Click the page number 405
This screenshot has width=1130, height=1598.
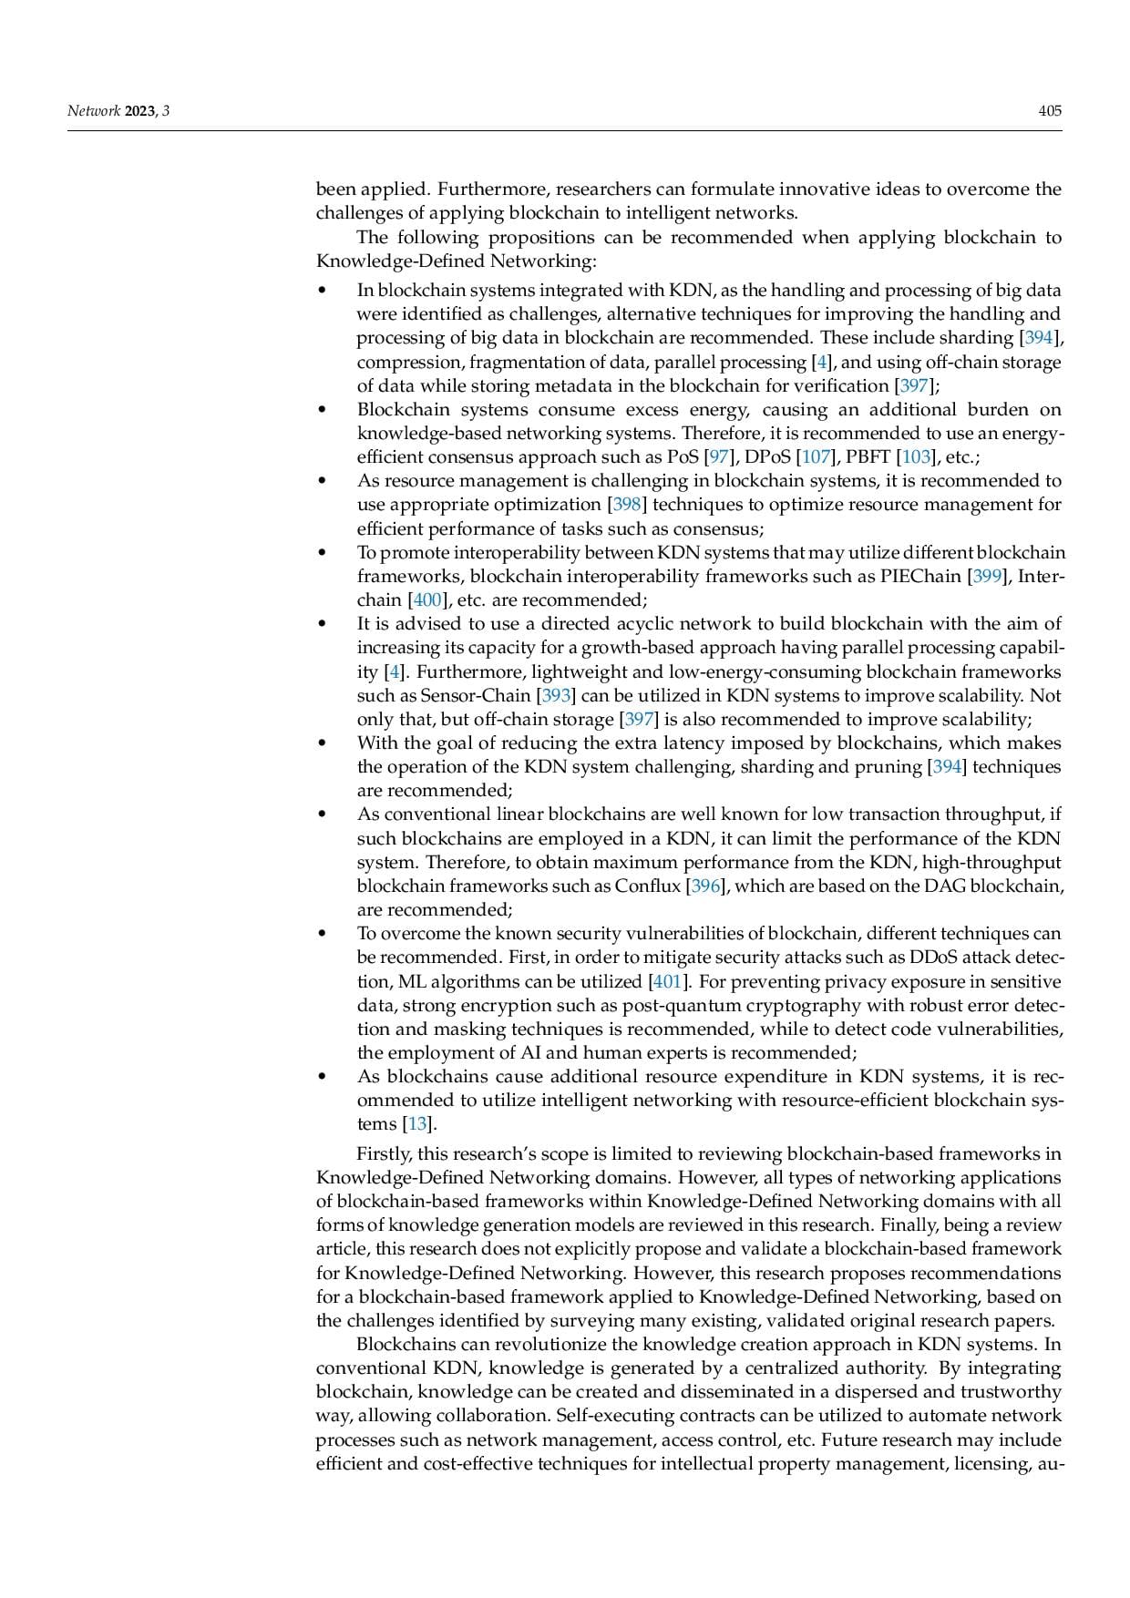1050,111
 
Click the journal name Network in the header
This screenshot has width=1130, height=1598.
94,111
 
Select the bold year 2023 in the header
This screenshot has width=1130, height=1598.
140,111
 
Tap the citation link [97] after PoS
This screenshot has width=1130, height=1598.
719,457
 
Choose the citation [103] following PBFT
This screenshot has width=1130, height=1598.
916,457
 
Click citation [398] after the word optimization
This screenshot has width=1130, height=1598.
627,505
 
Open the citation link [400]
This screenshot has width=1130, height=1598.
428,600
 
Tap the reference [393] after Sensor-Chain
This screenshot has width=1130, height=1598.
556,696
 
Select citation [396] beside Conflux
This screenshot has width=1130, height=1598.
705,886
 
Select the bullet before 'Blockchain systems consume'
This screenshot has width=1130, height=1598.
322,410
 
